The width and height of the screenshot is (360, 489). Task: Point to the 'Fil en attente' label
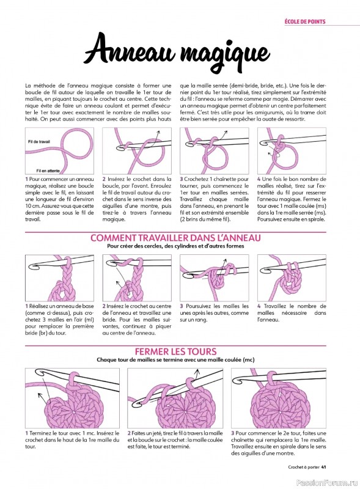pyautogui.click(x=47, y=171)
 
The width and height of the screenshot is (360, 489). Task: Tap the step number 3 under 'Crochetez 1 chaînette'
pyautogui.click(x=182, y=179)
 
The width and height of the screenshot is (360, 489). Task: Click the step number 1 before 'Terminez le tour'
pyautogui.click(x=27, y=433)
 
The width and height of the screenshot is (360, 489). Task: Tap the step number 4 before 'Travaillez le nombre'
pyautogui.click(x=259, y=306)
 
